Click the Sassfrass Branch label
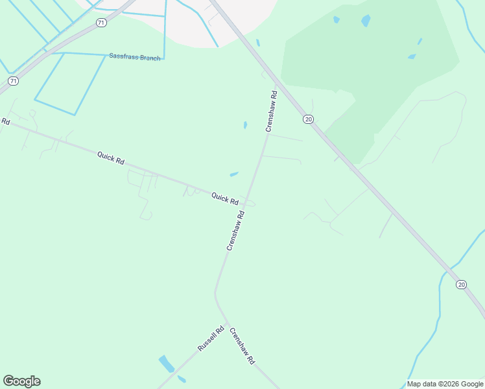134,58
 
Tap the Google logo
21,381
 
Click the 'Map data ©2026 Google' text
445,384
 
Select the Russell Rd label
211,338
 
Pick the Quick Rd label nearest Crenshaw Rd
224,198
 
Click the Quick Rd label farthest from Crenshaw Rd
110,158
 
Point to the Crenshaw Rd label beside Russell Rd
242,346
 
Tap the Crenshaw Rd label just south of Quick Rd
235,230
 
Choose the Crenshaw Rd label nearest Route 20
272,111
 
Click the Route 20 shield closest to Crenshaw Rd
308,119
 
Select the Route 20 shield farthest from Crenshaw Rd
461,285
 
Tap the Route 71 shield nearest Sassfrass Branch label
100,23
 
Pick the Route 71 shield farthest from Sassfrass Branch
13,81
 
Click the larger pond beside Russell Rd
167,363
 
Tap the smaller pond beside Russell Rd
182,379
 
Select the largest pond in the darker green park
366,21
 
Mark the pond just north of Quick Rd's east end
234,174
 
